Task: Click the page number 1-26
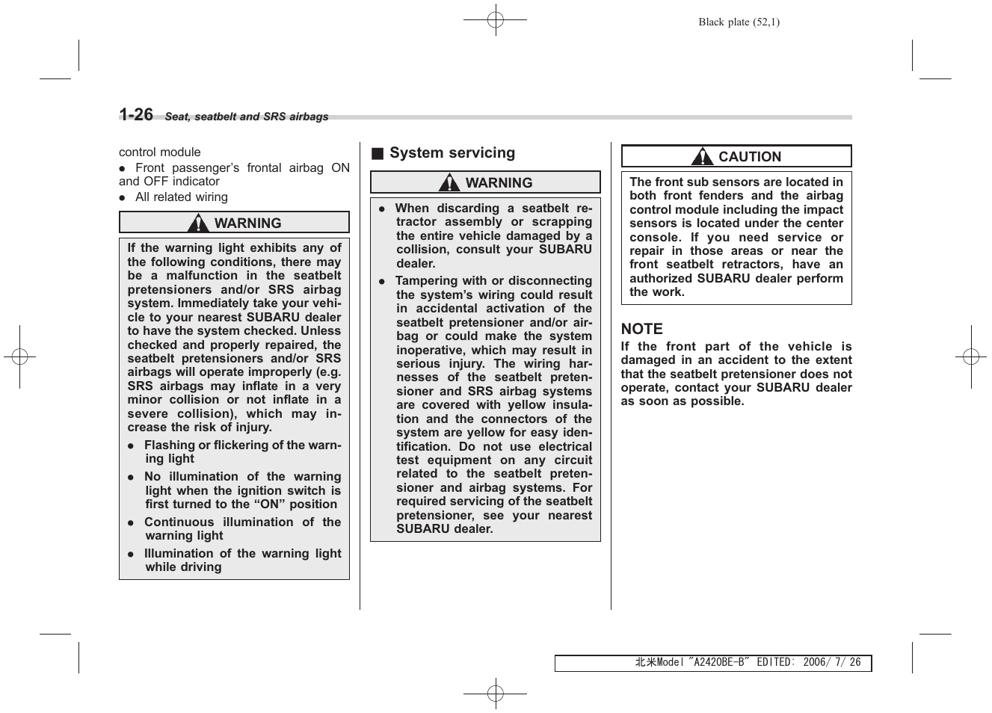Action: click(x=136, y=114)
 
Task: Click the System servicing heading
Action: click(x=452, y=153)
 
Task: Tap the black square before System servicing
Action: click(x=378, y=154)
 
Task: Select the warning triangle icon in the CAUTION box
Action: click(x=702, y=156)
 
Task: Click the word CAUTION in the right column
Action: click(x=749, y=157)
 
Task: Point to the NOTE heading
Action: click(x=641, y=329)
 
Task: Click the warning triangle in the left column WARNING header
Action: click(x=198, y=223)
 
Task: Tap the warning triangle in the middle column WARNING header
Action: click(x=449, y=182)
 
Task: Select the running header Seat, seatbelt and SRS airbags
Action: click(x=246, y=117)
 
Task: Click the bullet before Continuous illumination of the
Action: click(x=130, y=522)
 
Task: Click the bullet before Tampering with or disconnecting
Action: click(x=381, y=282)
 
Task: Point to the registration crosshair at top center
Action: click(x=495, y=20)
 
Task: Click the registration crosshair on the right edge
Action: click(x=970, y=357)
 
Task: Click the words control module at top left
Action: click(x=159, y=152)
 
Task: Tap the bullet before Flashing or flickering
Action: click(x=130, y=446)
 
